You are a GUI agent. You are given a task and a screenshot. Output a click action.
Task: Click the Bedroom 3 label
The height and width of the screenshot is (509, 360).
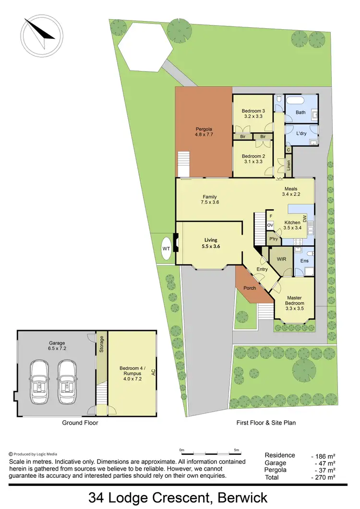tap(253, 113)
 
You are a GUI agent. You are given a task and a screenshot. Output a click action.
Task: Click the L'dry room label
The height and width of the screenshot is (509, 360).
tap(301, 133)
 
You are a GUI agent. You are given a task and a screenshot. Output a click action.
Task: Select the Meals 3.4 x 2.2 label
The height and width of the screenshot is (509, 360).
tap(292, 191)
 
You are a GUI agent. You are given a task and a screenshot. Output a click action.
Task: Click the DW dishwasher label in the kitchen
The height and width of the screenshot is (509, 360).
tap(304, 220)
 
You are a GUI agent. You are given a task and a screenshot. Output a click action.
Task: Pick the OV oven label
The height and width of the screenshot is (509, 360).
tap(270, 225)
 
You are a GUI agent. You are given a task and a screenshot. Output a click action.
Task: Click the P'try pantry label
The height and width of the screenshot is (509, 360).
tap(274, 239)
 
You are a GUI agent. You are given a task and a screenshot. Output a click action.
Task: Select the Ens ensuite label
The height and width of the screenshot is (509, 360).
tap(304, 260)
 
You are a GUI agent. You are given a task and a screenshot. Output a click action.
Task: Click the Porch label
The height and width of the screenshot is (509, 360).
tap(250, 288)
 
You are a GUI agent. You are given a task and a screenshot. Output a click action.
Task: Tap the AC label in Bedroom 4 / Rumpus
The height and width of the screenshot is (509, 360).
tap(153, 372)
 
